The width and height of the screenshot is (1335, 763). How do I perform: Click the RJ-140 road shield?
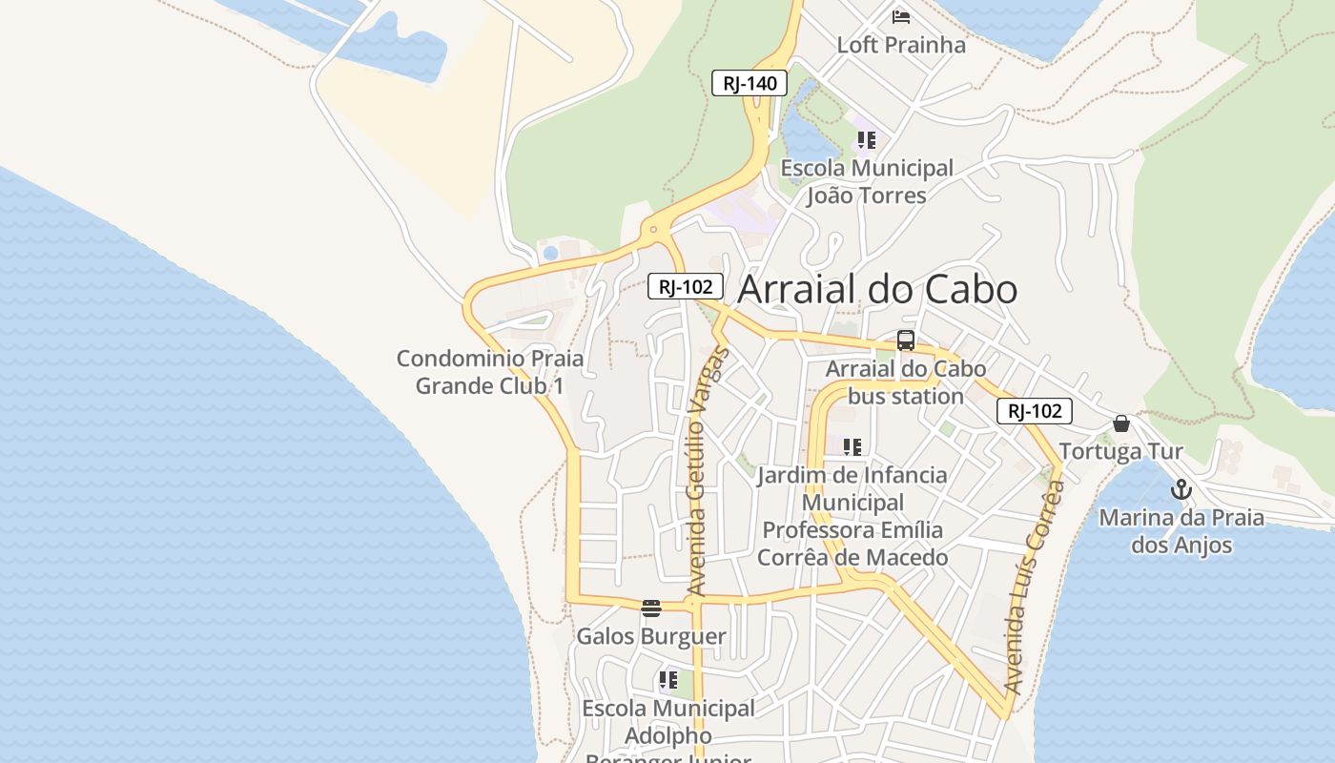750,83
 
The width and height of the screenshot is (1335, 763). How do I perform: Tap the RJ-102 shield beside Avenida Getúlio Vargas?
686,286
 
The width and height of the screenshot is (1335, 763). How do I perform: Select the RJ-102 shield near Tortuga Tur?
1035,411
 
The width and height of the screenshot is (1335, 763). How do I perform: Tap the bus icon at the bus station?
906,340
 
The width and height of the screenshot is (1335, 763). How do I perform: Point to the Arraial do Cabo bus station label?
905,382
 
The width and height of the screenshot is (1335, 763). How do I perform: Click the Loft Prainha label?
901,45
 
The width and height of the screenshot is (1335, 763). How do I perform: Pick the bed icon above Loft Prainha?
901,16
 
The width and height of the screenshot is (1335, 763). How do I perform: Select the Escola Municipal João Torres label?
867,181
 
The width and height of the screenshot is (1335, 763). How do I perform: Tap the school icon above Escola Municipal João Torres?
866,141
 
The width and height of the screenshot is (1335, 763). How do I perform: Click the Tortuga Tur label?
1121,451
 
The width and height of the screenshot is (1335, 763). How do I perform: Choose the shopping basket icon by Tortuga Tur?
1121,423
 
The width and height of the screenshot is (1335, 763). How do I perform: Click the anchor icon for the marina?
1181,489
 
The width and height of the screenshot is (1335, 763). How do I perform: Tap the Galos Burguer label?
651,636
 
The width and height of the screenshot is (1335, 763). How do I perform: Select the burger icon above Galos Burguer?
651,608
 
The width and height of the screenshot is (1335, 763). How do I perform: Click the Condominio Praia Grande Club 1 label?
490,372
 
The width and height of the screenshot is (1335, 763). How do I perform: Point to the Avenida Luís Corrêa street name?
1034,587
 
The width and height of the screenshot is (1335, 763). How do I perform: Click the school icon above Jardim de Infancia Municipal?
852,446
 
